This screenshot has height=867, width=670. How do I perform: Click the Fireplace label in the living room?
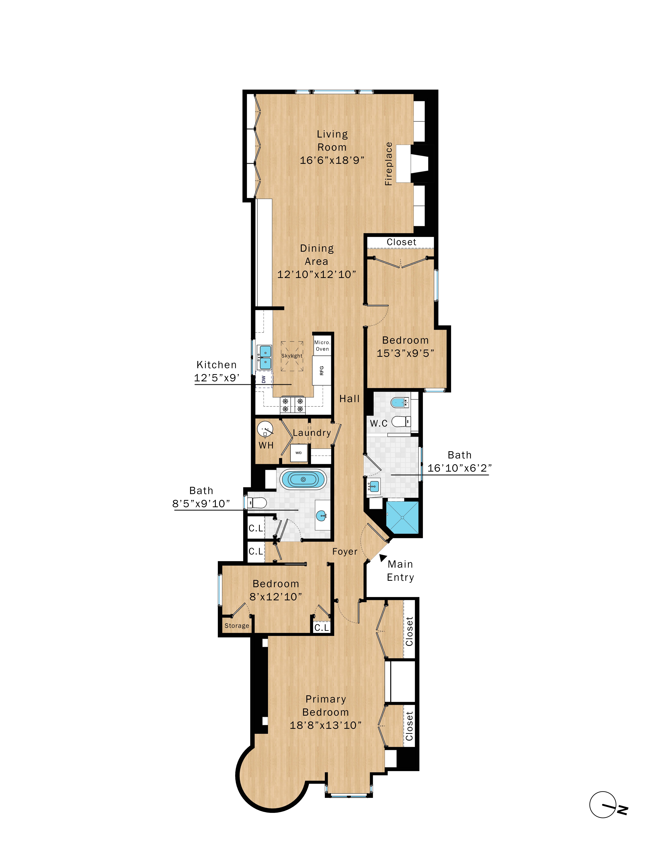389,164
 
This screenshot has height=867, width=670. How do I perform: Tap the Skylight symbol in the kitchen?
292,356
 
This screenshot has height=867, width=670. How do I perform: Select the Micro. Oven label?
322,345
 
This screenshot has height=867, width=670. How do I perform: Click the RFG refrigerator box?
321,370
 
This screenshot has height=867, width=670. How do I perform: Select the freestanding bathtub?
303,479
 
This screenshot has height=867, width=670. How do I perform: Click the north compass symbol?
603,805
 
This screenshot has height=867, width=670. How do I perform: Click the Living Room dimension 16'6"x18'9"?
332,160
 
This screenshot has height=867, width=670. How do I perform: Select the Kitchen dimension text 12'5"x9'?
217,378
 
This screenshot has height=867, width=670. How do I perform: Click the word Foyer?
345,551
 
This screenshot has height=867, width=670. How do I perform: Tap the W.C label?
379,424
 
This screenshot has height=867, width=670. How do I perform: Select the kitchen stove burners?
293,405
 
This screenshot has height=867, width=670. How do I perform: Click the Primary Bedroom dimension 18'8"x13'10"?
325,725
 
